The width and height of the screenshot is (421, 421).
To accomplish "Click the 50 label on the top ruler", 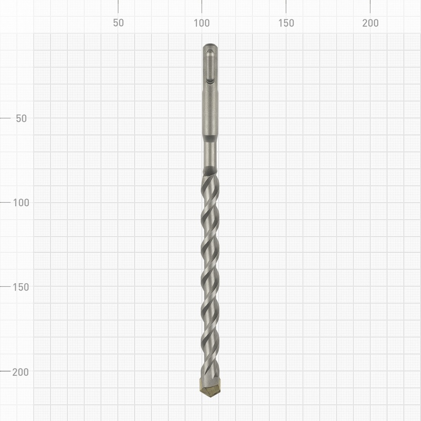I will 118,23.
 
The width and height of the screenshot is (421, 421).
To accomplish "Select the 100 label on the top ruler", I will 202,23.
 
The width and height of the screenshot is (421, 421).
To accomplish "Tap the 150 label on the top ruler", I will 286,23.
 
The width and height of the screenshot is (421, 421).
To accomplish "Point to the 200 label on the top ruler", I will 370,23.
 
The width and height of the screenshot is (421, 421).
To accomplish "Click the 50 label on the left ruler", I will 21,118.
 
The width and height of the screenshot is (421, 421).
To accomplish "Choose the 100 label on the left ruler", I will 21,203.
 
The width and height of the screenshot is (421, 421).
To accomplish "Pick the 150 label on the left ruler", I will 21,287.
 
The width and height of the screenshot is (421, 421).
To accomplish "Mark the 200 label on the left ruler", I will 21,372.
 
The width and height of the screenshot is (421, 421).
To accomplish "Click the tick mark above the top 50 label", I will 118,6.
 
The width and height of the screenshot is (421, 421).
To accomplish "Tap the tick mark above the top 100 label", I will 202,6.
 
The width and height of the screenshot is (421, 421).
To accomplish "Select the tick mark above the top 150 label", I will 286,6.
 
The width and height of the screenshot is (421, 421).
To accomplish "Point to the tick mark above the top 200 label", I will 370,6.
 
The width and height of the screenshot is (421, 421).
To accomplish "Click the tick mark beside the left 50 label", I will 5,118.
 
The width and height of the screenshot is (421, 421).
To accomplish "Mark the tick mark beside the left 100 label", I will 5,203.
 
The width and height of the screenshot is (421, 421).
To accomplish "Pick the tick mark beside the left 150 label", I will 5,287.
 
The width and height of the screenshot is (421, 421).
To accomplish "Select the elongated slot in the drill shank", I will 210,66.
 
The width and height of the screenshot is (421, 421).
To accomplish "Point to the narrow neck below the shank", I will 210,155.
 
